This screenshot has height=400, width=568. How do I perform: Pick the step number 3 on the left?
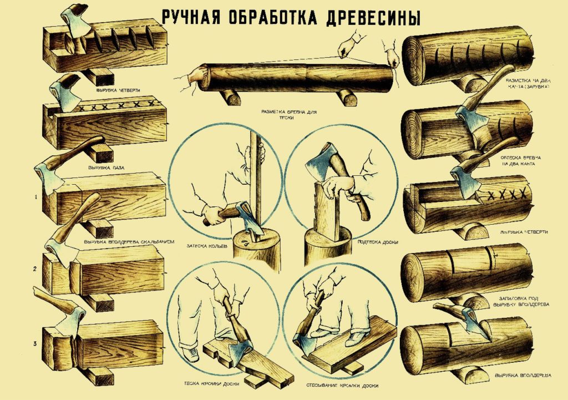[x=35, y=344]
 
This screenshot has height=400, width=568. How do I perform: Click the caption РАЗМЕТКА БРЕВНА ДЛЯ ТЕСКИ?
[x=286, y=114]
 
